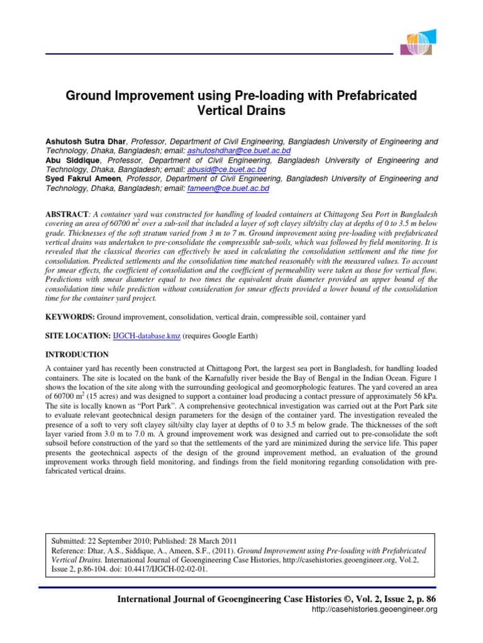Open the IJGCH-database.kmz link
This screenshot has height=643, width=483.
click(147, 336)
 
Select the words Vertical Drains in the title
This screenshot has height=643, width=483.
click(242, 111)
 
